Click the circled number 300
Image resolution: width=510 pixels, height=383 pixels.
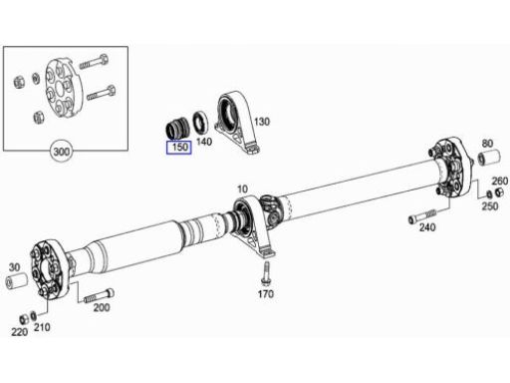[62, 152]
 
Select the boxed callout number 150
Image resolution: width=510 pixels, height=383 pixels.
[179, 148]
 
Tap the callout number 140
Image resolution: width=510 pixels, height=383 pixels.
[204, 142]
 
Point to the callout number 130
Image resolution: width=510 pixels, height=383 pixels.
[262, 122]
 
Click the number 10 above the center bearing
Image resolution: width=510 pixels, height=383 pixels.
[242, 190]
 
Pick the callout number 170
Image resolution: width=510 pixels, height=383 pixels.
[266, 294]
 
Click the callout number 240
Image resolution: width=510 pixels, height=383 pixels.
[427, 227]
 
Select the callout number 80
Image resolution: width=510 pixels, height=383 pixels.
[487, 144]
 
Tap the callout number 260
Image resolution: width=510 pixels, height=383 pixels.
[500, 181]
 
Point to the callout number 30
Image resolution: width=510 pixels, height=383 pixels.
[14, 267]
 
